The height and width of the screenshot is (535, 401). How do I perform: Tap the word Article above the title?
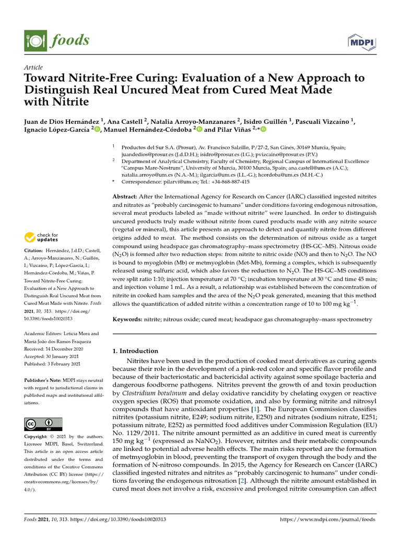pyautogui.click(x=33, y=67)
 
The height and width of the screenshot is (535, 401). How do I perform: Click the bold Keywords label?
pyautogui.click(x=128, y=319)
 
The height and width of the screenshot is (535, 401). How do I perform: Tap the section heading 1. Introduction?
pyautogui.click(x=135, y=351)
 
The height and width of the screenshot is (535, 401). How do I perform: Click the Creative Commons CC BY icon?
pyautogui.click(x=43, y=424)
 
